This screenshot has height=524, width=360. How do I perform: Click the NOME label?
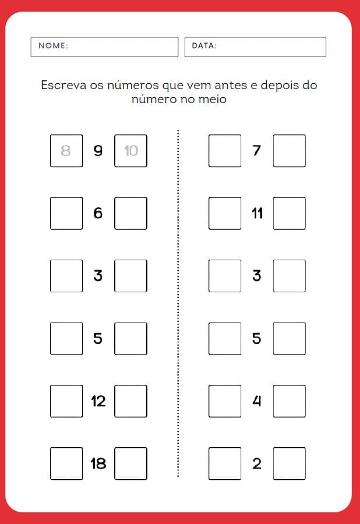pyautogui.click(x=53, y=45)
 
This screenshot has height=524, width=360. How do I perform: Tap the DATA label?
pyautogui.click(x=204, y=45)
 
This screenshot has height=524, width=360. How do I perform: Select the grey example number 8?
pyautogui.click(x=65, y=151)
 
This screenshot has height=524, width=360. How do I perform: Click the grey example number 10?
pyautogui.click(x=131, y=151)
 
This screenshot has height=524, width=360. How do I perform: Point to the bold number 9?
pyautogui.click(x=98, y=151)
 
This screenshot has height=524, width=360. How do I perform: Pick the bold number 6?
pyautogui.click(x=98, y=213)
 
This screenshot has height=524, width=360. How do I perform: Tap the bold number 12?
pyautogui.click(x=98, y=401)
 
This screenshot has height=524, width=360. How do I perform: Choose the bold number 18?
pyautogui.click(x=98, y=463)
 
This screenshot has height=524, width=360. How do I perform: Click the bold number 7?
pyautogui.click(x=256, y=151)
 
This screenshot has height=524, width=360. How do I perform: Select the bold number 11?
pyautogui.click(x=257, y=213)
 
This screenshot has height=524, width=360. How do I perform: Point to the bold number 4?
pyautogui.click(x=256, y=401)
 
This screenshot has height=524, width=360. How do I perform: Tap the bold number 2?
pyautogui.click(x=257, y=463)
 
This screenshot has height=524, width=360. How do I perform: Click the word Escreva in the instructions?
pyautogui.click(x=63, y=85)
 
